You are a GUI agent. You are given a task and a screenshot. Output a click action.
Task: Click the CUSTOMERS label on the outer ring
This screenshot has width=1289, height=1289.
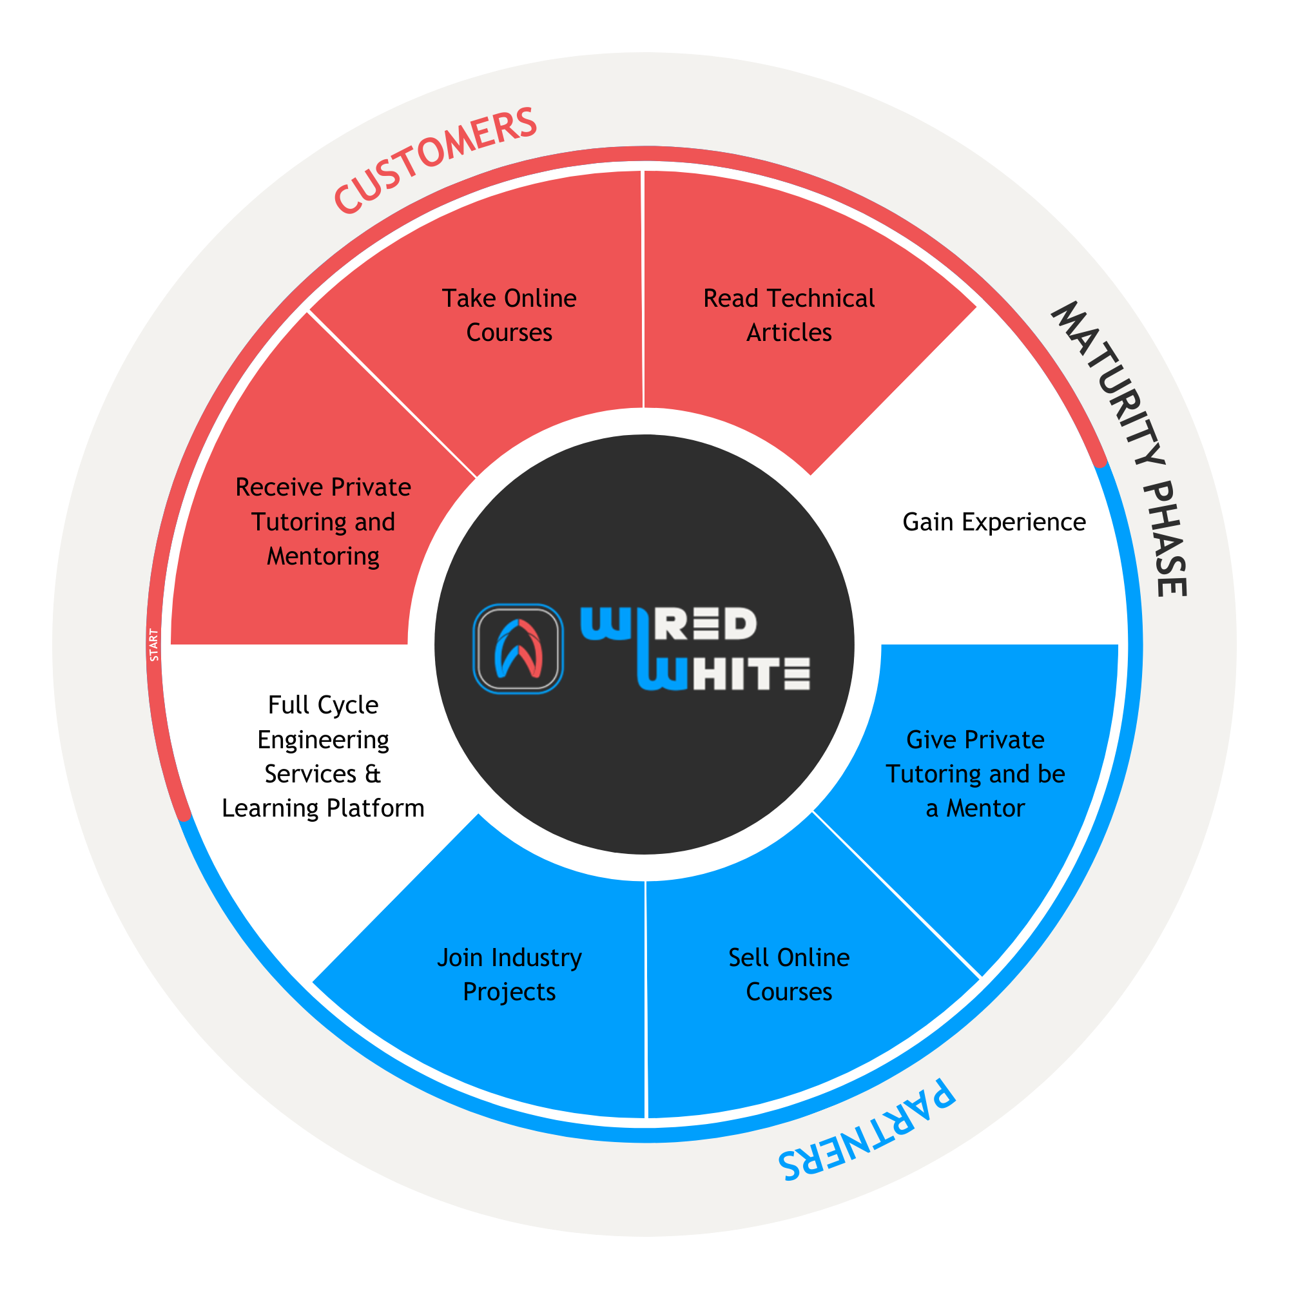[x=435, y=160]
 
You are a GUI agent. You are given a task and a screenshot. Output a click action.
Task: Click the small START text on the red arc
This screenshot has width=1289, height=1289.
[x=154, y=645]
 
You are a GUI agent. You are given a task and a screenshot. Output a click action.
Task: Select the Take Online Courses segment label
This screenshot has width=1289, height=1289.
[x=509, y=315]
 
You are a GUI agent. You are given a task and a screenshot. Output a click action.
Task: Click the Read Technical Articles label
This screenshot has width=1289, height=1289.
[x=789, y=315]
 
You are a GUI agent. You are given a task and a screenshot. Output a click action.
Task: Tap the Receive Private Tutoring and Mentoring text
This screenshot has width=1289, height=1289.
[x=323, y=521]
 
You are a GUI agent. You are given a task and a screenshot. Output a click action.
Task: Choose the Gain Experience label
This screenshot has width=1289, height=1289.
[x=993, y=522]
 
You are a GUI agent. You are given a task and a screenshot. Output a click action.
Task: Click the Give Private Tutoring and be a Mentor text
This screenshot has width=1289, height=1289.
[x=974, y=773]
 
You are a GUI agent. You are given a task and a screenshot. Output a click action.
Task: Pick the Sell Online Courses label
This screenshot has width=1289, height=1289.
[x=789, y=974]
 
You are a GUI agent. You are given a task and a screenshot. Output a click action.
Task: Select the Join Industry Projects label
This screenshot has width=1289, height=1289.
[x=509, y=974]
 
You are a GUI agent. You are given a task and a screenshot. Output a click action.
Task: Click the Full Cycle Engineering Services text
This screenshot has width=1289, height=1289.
[x=323, y=756]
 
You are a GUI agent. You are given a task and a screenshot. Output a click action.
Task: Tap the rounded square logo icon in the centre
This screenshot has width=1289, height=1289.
[x=518, y=648]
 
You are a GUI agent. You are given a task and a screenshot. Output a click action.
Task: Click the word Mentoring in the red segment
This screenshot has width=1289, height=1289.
[x=323, y=556]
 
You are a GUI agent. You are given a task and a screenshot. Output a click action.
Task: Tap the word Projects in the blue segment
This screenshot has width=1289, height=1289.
[x=509, y=992]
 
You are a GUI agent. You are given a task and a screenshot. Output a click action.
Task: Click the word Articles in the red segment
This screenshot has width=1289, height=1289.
[x=789, y=333]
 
